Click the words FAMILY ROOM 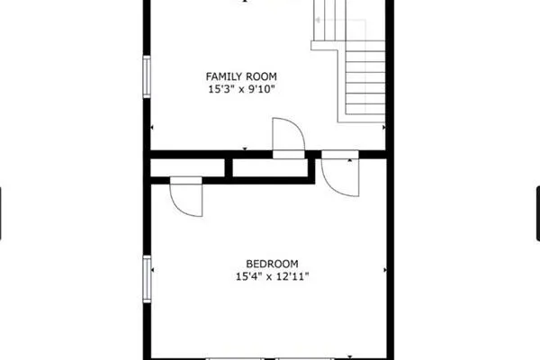pyautogui.click(x=241, y=76)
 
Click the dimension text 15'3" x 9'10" pyautogui.click(x=241, y=89)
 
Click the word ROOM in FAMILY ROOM pyautogui.click(x=260, y=76)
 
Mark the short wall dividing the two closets pyautogui.click(x=229, y=167)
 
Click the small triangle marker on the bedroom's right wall pyautogui.click(x=387, y=269)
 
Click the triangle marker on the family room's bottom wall pyautogui.click(x=246, y=148)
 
